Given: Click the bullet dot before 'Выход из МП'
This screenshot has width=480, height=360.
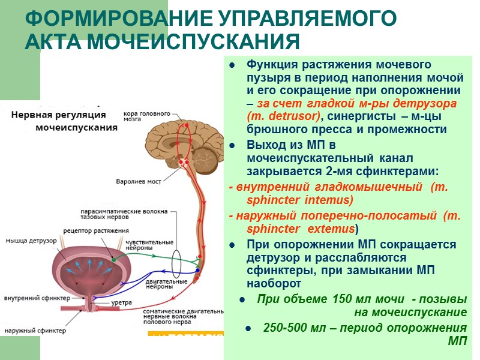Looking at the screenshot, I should pos(232,146).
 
